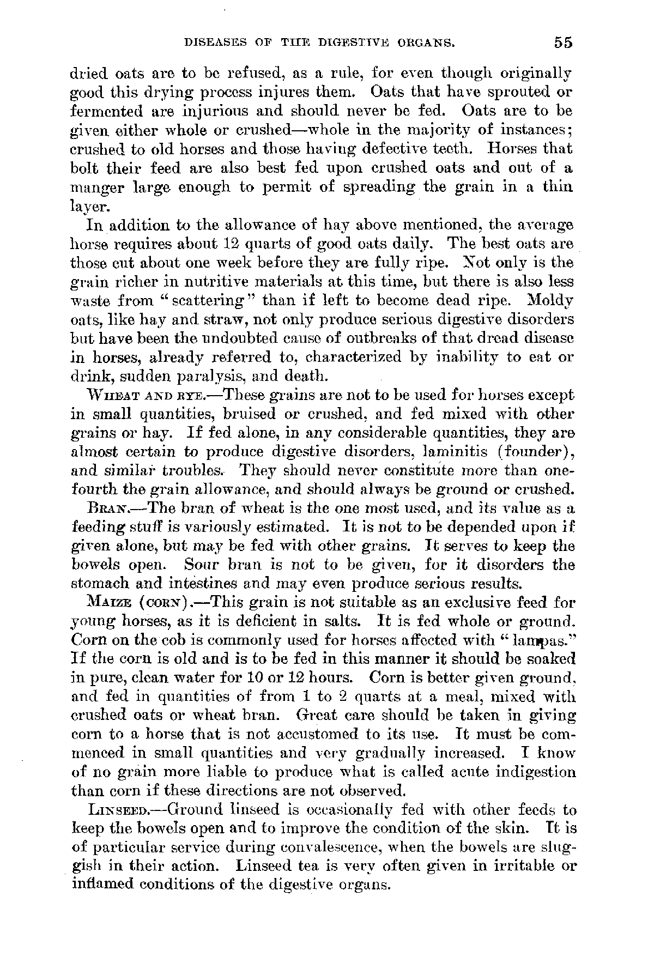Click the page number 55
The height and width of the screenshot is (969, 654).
point(561,43)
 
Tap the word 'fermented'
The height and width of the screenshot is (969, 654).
point(104,112)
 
